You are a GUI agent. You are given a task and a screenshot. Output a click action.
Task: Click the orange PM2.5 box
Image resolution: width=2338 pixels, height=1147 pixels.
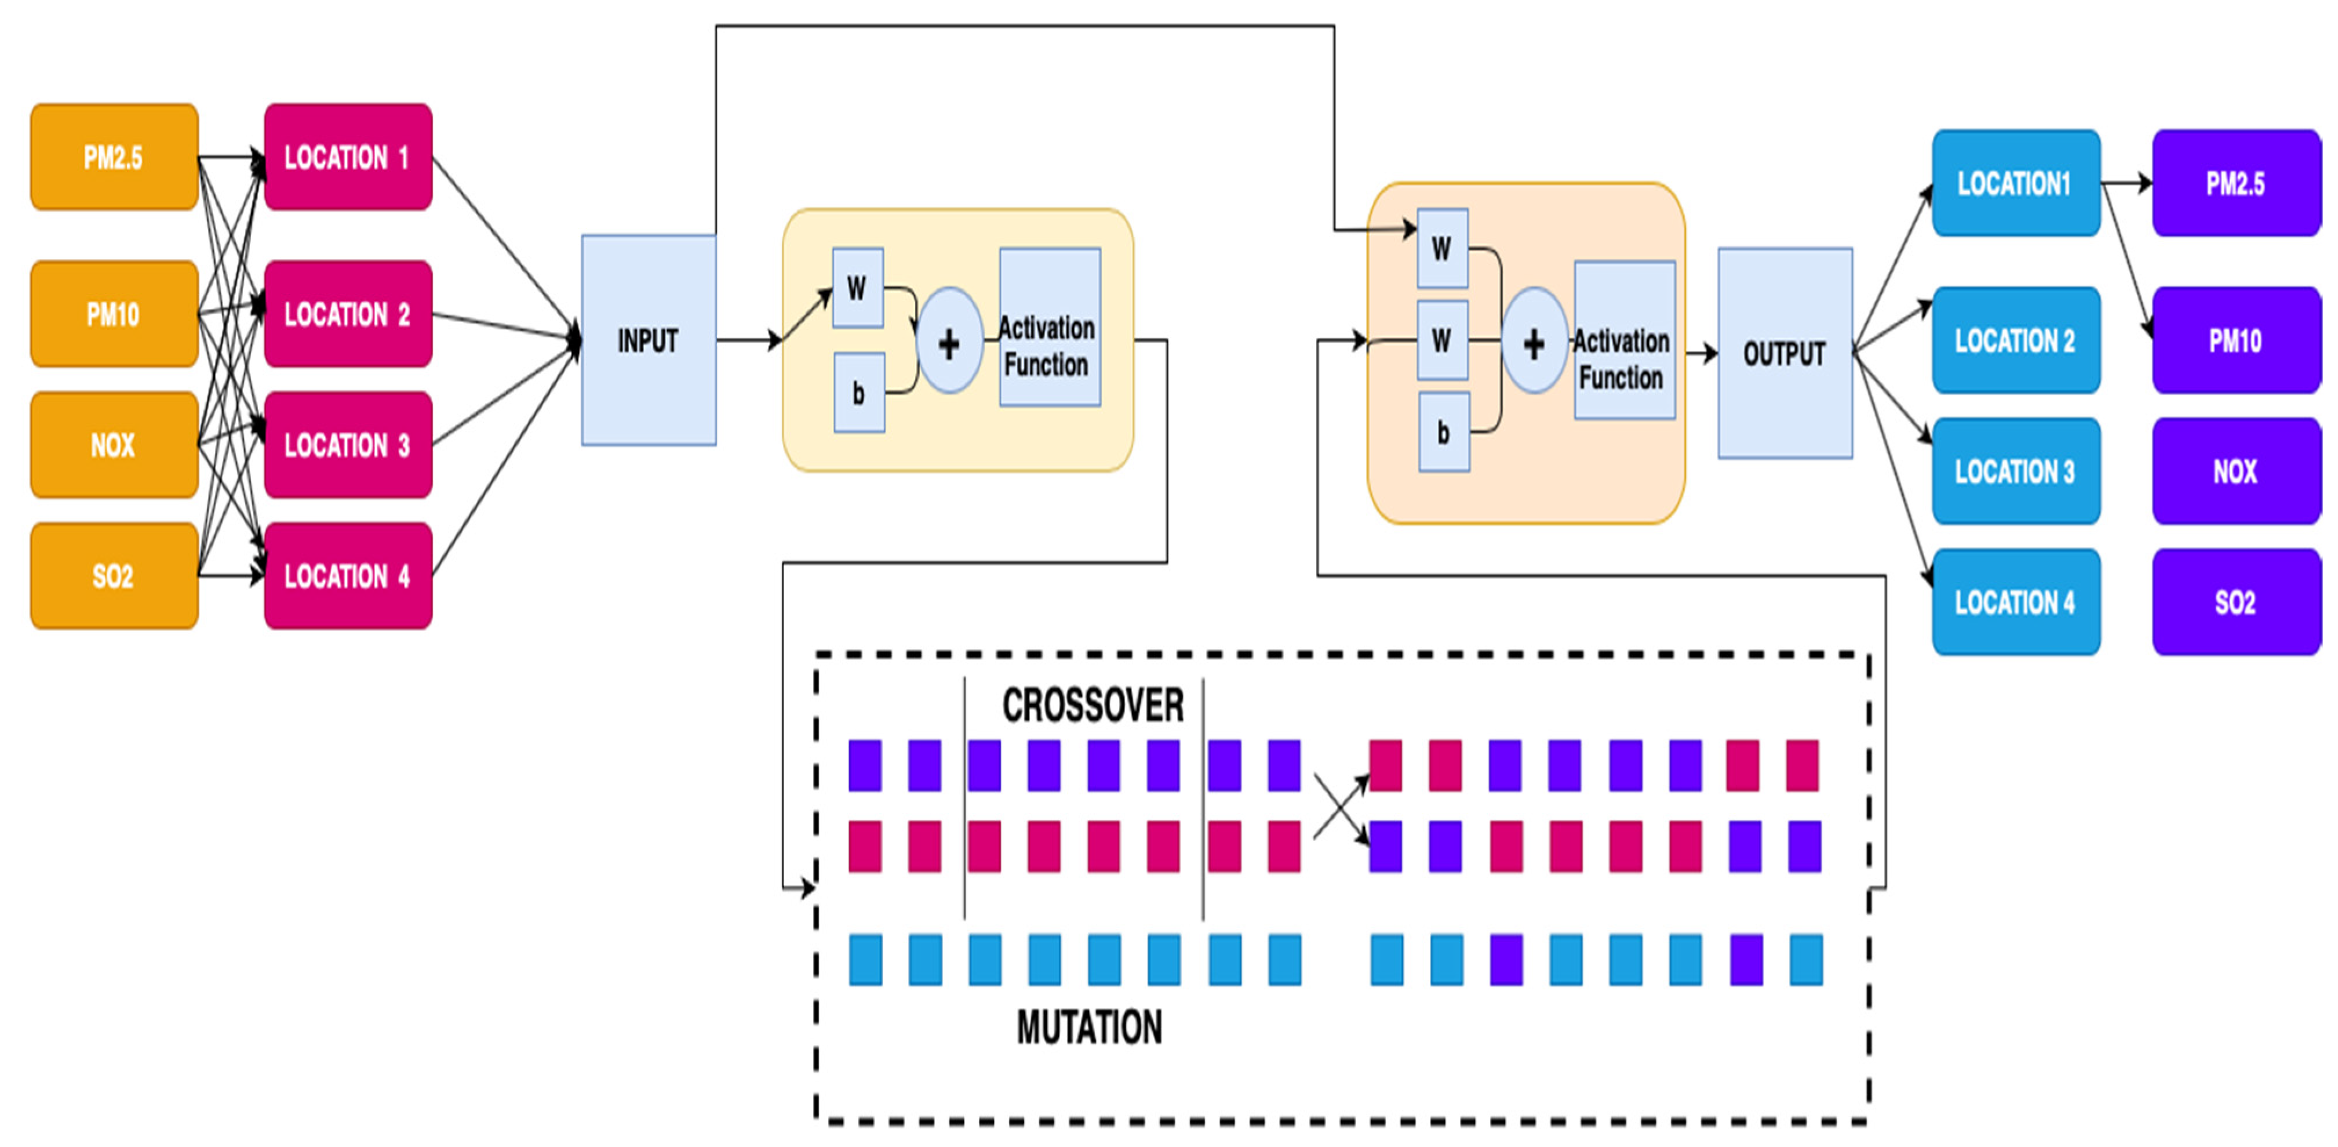point(114,157)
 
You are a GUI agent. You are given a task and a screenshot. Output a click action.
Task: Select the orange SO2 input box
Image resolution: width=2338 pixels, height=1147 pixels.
point(114,576)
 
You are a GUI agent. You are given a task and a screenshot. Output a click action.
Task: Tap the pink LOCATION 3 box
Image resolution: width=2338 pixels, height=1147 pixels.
point(348,445)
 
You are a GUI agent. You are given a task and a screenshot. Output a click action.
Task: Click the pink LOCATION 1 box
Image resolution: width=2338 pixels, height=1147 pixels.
point(348,157)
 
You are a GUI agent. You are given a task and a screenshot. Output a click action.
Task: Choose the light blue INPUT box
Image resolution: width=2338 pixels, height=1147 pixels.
point(648,340)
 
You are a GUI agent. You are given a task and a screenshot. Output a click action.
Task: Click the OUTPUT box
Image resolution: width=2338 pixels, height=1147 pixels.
point(1785,353)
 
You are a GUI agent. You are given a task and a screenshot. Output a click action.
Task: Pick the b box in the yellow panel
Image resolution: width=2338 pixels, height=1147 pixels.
point(858,393)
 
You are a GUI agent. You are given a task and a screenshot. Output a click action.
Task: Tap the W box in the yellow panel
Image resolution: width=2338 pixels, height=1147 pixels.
point(857,288)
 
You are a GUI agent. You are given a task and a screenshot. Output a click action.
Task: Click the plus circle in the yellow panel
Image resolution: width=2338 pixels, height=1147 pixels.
point(949,342)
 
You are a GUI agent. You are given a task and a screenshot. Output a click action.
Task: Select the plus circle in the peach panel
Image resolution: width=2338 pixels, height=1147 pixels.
point(1534,342)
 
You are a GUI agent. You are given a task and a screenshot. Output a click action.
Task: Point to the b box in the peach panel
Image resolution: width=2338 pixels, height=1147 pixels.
point(1443,432)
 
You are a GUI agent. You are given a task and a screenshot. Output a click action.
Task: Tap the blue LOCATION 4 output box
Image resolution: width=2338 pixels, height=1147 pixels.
point(2016,602)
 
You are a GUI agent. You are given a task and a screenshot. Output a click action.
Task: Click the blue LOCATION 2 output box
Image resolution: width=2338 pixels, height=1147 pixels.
point(2016,340)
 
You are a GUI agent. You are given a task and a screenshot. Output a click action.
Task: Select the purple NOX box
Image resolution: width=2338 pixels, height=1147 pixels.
point(2235,471)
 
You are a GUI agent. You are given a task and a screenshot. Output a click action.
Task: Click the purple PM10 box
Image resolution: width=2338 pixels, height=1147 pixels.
point(2235,340)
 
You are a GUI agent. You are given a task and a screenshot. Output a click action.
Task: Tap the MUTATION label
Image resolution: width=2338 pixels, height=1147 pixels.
point(1089,1027)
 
